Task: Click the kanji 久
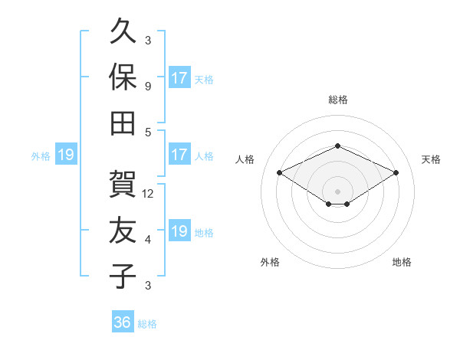click(123, 31)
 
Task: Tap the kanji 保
click(123, 77)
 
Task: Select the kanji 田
click(123, 123)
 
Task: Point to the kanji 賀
click(123, 184)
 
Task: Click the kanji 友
click(123, 230)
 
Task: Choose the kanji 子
click(123, 276)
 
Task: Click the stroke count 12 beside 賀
click(147, 194)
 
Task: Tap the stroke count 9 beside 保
click(148, 87)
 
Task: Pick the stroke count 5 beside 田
click(148, 133)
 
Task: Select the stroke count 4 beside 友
click(148, 240)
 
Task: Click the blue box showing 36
click(123, 321)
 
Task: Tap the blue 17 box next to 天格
click(180, 77)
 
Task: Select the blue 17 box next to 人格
click(180, 154)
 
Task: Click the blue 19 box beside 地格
click(180, 230)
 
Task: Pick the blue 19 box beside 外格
click(66, 154)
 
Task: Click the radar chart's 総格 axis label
click(338, 100)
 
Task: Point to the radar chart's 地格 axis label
click(402, 262)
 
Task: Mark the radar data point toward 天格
click(396, 172)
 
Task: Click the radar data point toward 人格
click(280, 172)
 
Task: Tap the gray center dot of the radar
click(337, 191)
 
